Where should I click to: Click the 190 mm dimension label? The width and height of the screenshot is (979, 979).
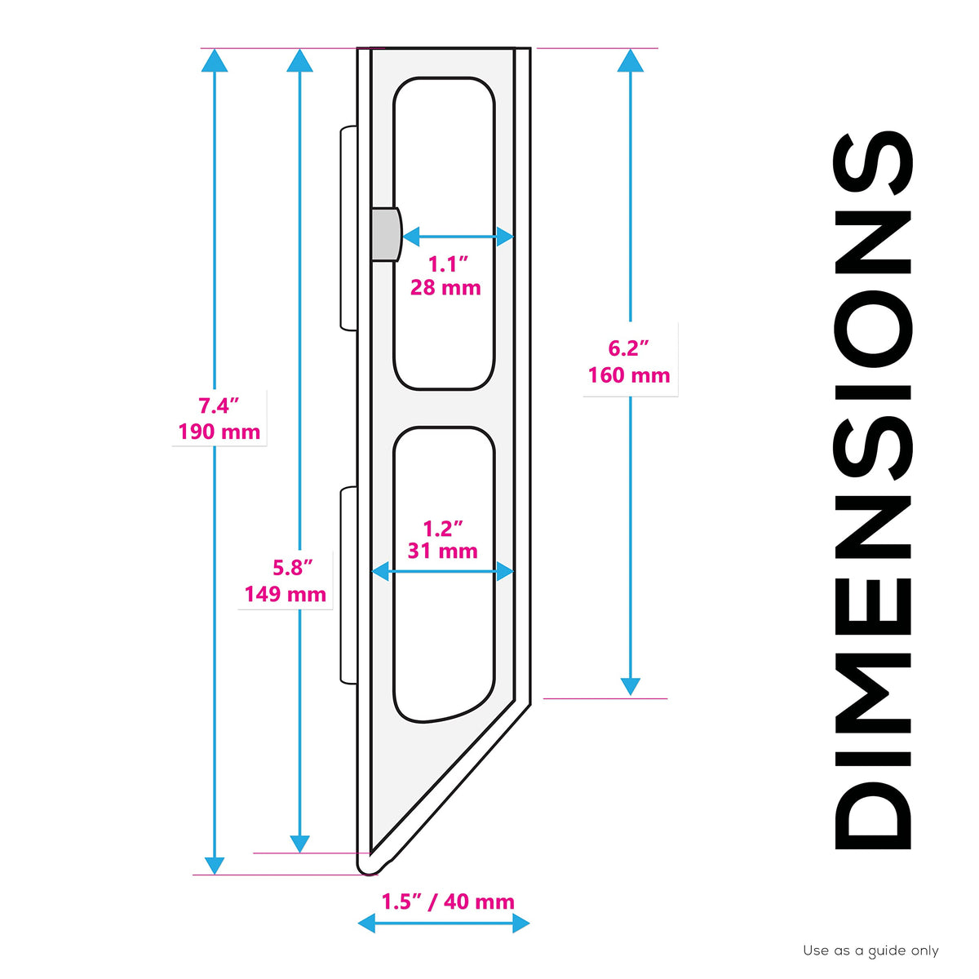click(x=219, y=432)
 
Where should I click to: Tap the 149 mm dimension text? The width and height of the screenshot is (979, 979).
click(x=286, y=595)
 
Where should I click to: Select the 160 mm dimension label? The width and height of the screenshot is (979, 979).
click(x=629, y=375)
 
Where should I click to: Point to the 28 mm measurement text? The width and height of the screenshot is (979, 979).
click(x=445, y=288)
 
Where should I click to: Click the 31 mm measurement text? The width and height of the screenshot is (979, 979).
click(x=442, y=552)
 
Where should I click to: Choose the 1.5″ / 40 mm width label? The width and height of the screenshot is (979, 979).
click(x=448, y=901)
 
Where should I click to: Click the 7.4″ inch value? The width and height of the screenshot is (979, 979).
click(x=219, y=406)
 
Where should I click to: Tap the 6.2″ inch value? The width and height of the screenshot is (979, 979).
click(x=629, y=348)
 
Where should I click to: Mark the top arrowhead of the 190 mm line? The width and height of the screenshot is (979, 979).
click(x=215, y=60)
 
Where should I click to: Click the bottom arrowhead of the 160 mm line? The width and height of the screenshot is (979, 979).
click(x=631, y=686)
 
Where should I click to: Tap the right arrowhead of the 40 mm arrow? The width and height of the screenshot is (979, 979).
click(x=521, y=923)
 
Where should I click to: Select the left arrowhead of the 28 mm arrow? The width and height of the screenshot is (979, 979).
click(x=410, y=237)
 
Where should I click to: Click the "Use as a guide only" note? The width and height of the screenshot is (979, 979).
click(x=870, y=951)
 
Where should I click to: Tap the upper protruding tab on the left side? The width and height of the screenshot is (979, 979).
click(x=348, y=228)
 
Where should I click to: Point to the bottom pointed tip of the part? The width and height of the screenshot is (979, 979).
click(x=367, y=875)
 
